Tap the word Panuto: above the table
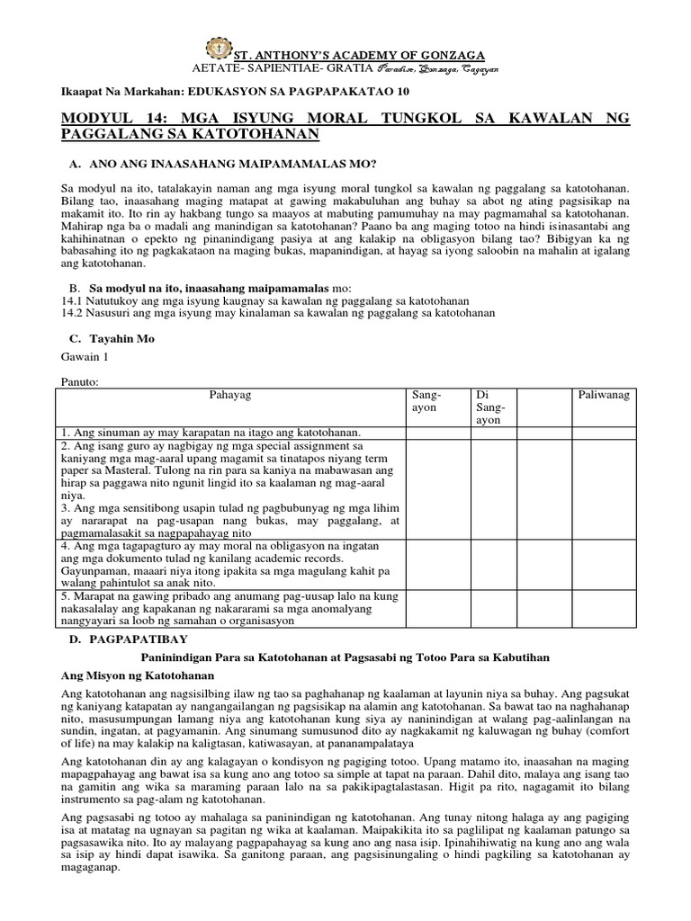pos(79,381)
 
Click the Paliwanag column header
pos(603,395)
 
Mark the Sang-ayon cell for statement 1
pos(437,434)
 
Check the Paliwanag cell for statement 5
pos(603,608)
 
